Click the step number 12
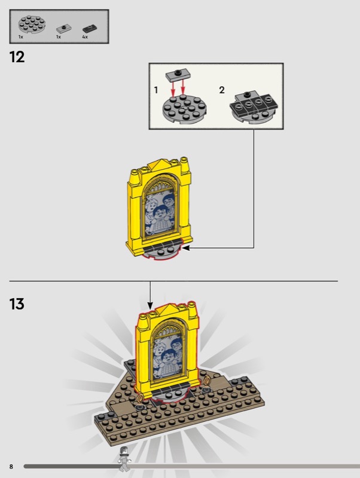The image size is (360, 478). point(17,57)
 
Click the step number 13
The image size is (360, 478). point(17,304)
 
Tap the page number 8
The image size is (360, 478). point(11,467)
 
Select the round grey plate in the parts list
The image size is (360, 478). point(32,24)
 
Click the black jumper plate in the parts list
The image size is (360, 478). point(90,29)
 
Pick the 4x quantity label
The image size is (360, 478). point(85,37)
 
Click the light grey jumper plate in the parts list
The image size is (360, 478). point(64,29)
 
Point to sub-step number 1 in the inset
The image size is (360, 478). point(156,90)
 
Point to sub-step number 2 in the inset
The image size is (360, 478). point(222,90)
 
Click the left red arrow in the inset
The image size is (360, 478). point(173,88)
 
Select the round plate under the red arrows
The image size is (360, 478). point(185,109)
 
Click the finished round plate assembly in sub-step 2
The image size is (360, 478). point(254,107)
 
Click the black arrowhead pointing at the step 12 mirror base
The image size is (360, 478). point(185,248)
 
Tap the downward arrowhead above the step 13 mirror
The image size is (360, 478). point(150,305)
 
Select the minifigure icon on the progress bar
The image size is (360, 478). point(124,459)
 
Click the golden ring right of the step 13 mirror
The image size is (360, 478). point(208,381)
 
